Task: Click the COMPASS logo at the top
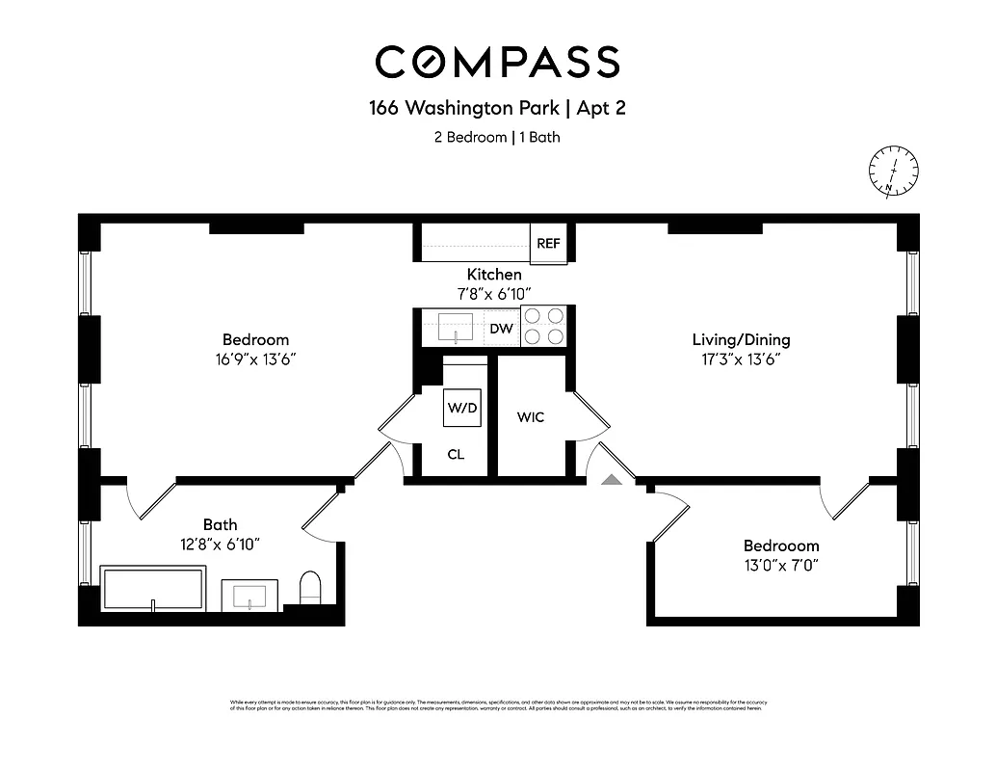(x=497, y=62)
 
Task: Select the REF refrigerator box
(x=548, y=244)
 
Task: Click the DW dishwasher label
(x=501, y=330)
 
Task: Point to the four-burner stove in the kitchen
(x=544, y=326)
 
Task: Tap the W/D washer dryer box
(x=461, y=408)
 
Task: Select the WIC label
(x=531, y=417)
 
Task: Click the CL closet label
(x=456, y=454)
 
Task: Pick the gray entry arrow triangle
(x=611, y=478)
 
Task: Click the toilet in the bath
(x=309, y=587)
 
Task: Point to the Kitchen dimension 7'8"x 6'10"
(x=494, y=293)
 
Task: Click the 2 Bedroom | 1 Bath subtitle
(x=497, y=137)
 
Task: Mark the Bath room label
(x=220, y=524)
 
